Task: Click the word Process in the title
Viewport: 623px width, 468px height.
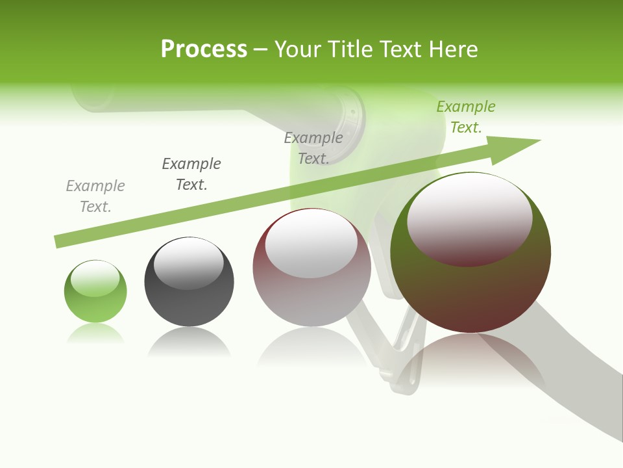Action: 204,49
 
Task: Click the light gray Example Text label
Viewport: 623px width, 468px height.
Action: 95,196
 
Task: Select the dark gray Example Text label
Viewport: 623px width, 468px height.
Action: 191,174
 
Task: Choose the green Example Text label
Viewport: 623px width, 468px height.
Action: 466,117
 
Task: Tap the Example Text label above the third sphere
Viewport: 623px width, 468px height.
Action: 313,148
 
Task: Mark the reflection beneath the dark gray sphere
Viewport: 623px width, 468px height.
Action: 189,341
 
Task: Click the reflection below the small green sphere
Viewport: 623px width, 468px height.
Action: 95,333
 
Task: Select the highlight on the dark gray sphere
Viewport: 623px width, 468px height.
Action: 189,263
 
